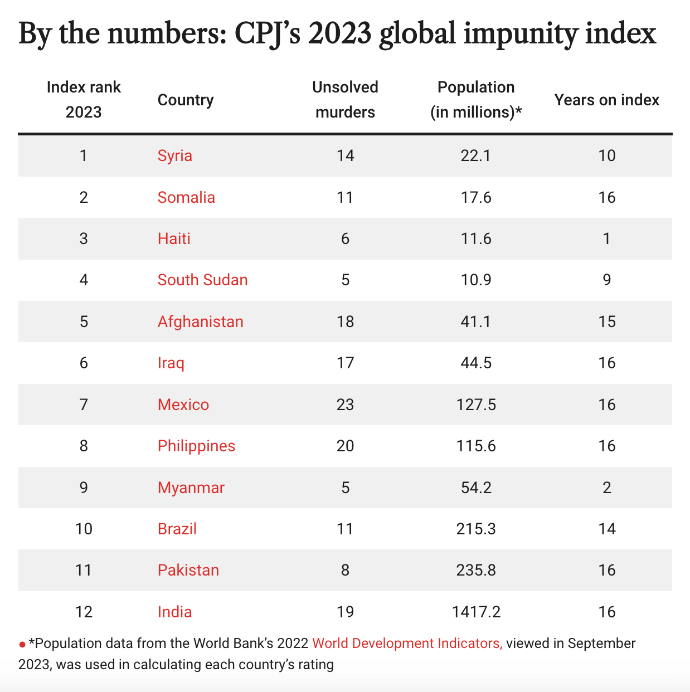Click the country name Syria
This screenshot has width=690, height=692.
[x=174, y=155]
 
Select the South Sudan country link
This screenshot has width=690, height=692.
[x=202, y=280]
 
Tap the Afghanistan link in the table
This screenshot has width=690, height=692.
[x=200, y=321]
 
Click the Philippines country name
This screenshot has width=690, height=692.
[x=196, y=446]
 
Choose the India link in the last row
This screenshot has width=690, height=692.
[x=174, y=612]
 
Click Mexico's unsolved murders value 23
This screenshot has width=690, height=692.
[x=345, y=405]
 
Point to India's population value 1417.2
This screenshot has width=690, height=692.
[x=475, y=612]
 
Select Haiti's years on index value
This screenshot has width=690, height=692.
[x=606, y=238]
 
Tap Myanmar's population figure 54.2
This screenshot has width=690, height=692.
[x=475, y=488]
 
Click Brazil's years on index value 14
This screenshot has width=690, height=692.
[x=606, y=529]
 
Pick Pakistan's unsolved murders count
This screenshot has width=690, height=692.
[x=345, y=570]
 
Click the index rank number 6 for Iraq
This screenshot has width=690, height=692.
[x=84, y=363]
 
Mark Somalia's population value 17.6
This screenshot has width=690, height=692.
[x=475, y=197]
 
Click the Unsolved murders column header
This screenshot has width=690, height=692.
[x=345, y=100]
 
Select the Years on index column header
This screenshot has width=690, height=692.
[x=606, y=100]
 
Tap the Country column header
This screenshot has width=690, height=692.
[x=186, y=100]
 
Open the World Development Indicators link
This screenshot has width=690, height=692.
[x=407, y=644]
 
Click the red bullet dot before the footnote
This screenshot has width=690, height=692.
[x=22, y=645]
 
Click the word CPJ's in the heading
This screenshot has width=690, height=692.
[x=268, y=35]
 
